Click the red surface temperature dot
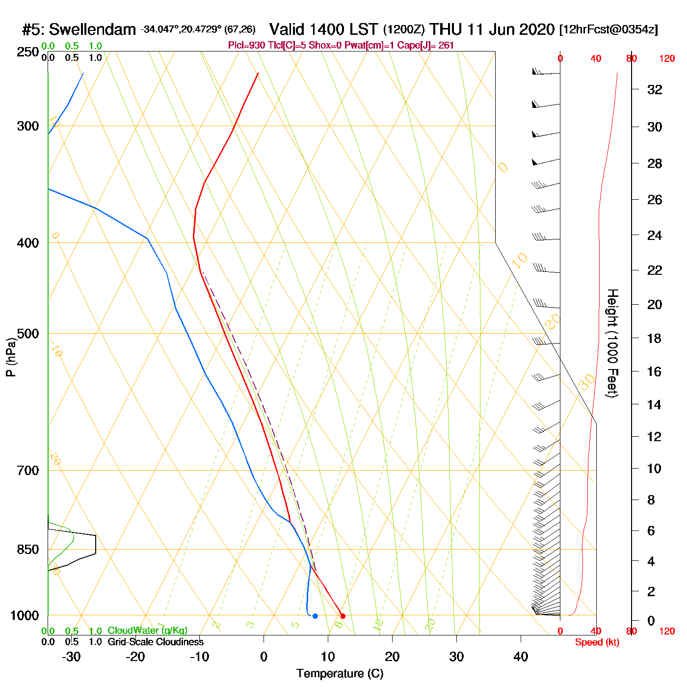tap(343, 616)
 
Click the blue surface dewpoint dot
tap(315, 616)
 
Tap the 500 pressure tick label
tap(28, 334)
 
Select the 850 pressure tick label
tap(28, 550)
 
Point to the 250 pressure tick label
tap(28, 52)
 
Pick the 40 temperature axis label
tap(521, 657)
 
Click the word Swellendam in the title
tap(92, 29)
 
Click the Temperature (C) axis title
tap(340, 673)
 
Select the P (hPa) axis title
tap(11, 357)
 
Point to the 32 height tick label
tap(655, 89)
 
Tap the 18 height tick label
tap(655, 338)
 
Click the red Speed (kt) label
tap(597, 642)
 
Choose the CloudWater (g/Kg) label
tap(147, 631)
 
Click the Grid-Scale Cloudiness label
tap(156, 642)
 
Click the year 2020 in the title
tap(536, 29)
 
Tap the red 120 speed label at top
tap(667, 58)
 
